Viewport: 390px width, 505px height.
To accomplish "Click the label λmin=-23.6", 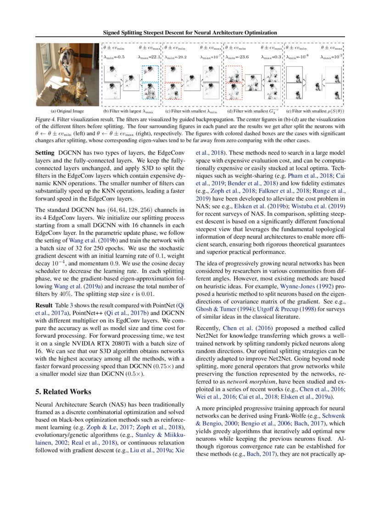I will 237,58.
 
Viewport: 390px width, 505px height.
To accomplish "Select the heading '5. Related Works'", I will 63,392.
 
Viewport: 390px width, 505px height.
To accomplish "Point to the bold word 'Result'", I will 45,305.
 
